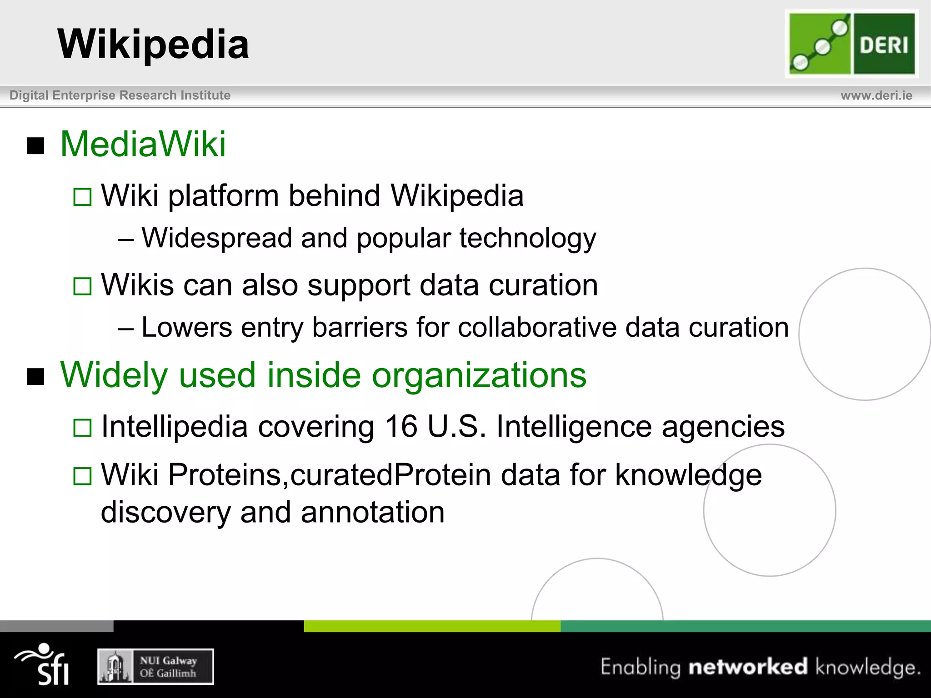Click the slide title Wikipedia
click(153, 44)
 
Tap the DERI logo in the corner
click(851, 44)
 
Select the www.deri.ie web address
click(876, 95)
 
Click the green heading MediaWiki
click(143, 145)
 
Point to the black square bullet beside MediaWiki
click(36, 146)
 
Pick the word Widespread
click(216, 238)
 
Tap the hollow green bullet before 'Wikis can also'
click(82, 286)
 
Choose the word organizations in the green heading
click(479, 375)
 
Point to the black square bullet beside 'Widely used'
click(36, 377)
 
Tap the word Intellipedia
click(175, 427)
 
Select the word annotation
click(372, 512)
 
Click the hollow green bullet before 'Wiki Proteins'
click(82, 476)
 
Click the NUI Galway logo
click(155, 667)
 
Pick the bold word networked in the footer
click(748, 667)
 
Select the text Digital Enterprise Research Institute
click(120, 95)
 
